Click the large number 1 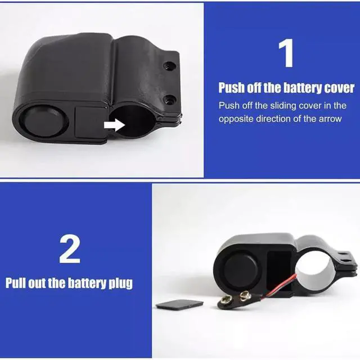286,53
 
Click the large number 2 70,249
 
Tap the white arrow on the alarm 114,125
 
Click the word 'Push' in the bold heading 231,88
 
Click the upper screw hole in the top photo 169,66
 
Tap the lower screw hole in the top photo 170,100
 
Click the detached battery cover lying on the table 179,305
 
